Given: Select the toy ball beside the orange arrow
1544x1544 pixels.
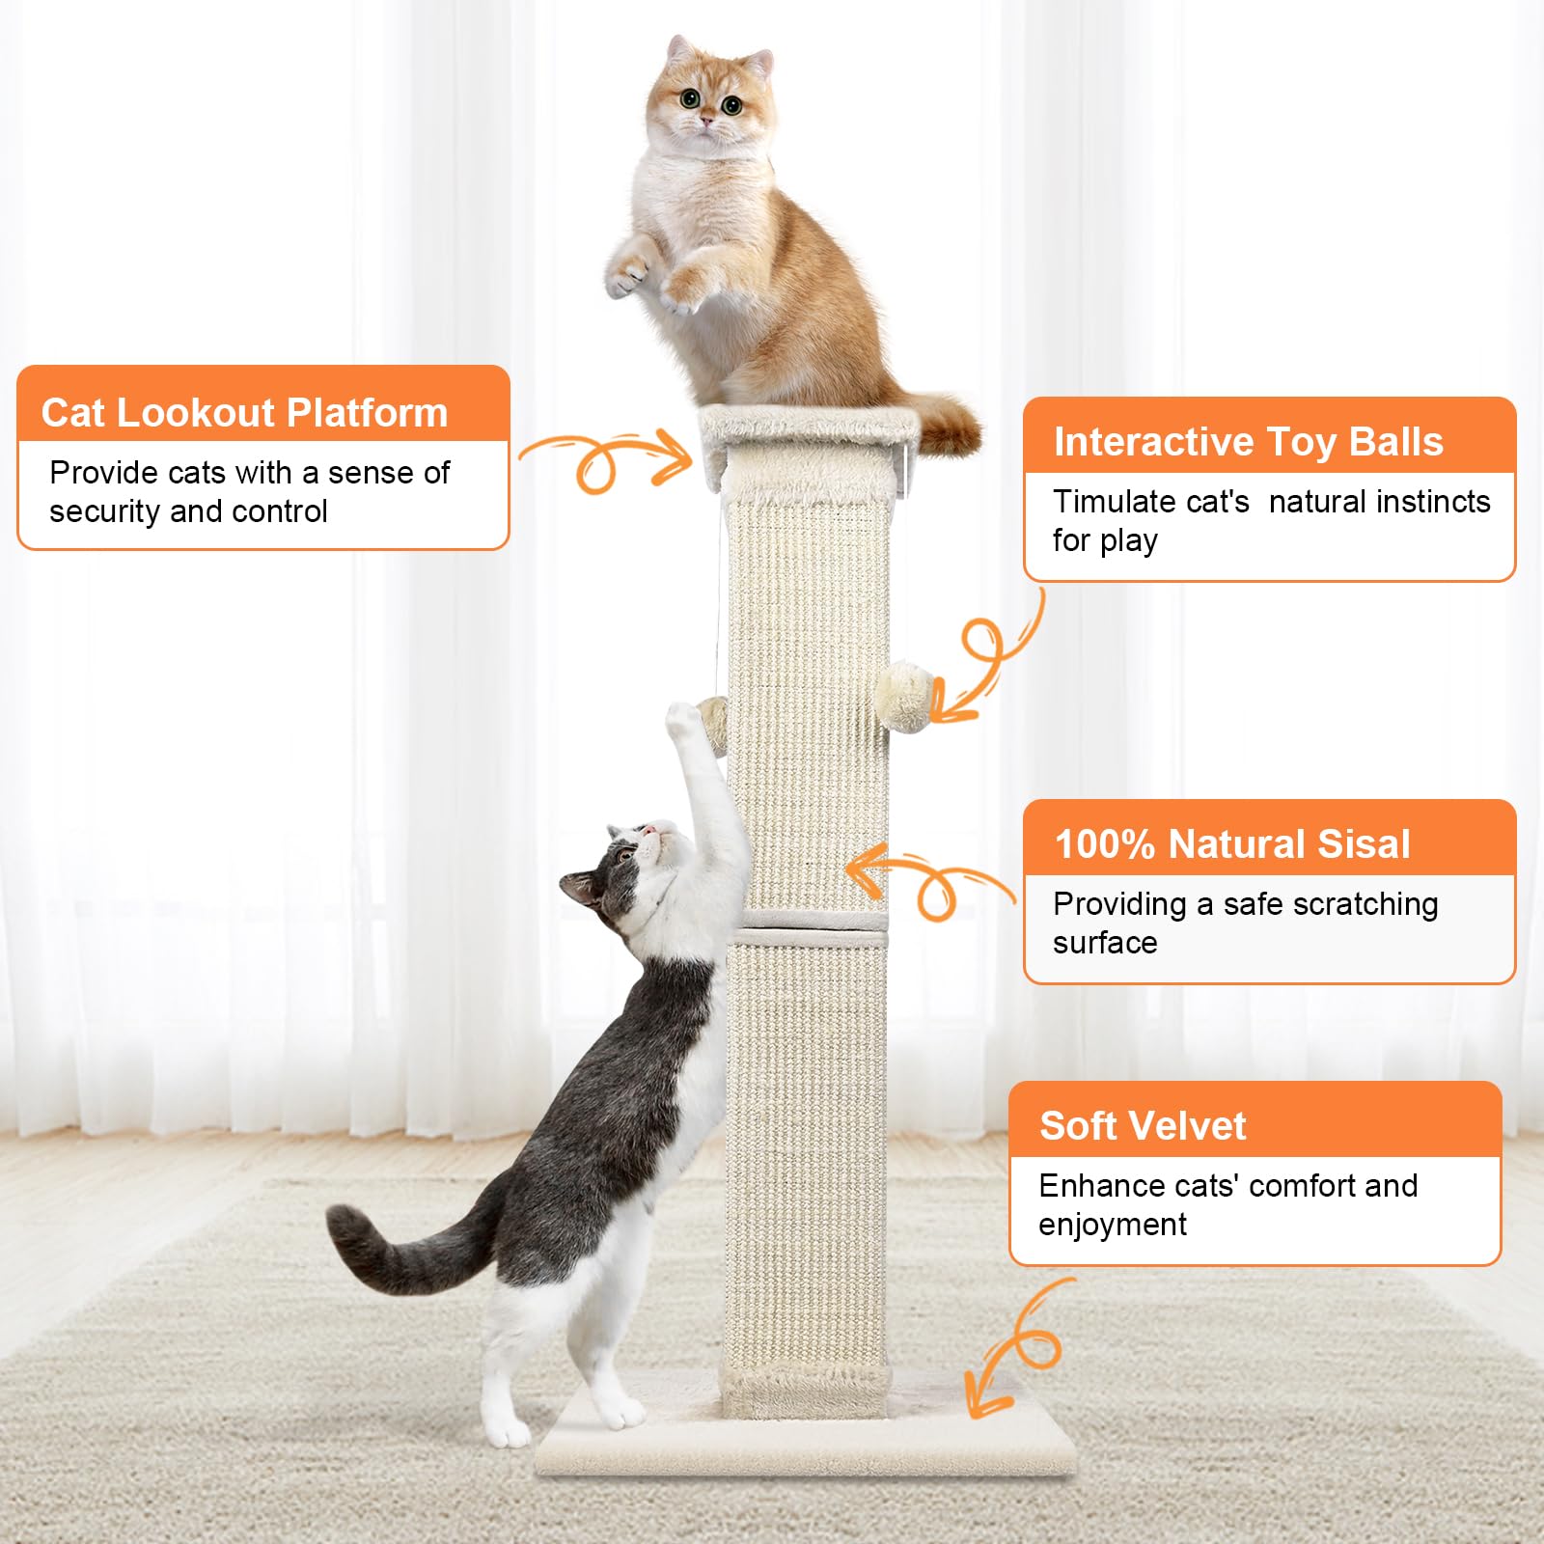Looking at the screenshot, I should point(904,695).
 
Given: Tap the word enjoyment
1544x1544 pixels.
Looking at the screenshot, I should point(1112,1225).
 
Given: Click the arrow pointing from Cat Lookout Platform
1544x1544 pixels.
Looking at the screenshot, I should point(608,459).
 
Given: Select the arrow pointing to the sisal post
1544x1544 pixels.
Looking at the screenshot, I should point(926,878).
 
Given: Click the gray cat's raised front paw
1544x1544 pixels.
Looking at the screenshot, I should point(682,720).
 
